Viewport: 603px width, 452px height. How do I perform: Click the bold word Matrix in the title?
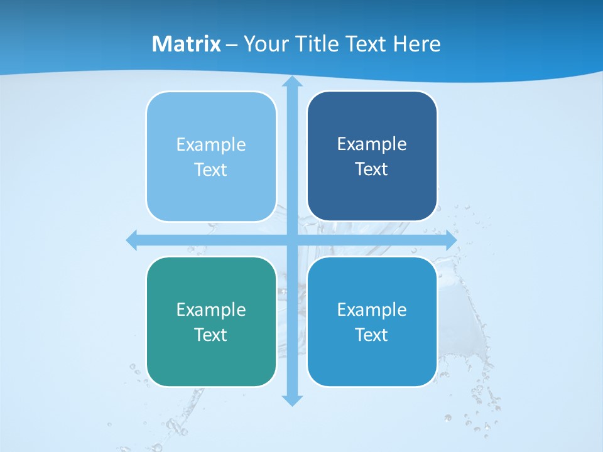[187, 44]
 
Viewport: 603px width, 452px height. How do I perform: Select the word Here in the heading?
[417, 44]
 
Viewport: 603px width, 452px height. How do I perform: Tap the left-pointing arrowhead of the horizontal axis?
[132, 240]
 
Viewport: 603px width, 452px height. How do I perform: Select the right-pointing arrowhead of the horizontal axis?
[451, 240]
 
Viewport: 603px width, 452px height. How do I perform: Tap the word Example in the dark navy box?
[372, 144]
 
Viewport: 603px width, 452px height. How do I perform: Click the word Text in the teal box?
[210, 335]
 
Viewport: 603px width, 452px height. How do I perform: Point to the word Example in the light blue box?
[211, 144]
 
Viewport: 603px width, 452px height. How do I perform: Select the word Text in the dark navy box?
[371, 169]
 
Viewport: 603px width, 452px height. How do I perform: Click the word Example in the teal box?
[211, 309]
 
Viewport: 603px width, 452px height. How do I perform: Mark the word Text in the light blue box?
[210, 169]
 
